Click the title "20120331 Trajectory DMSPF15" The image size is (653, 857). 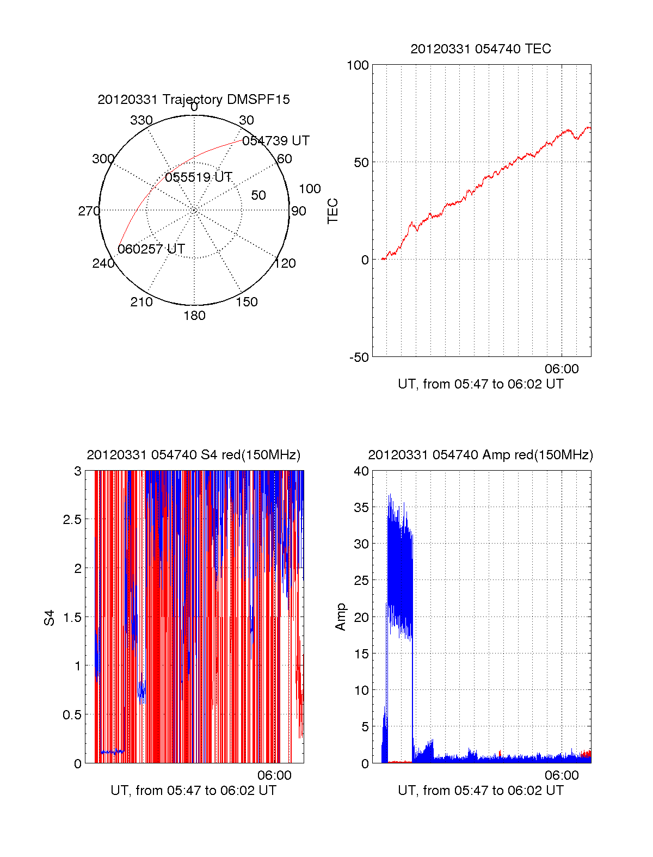tap(194, 100)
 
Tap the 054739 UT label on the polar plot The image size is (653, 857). tap(275, 141)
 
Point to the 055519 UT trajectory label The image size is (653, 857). tap(199, 177)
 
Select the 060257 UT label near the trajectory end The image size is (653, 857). tap(151, 249)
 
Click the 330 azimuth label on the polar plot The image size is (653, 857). tap(141, 120)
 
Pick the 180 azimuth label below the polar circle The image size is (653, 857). tap(194, 316)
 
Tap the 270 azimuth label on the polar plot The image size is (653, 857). tap(89, 211)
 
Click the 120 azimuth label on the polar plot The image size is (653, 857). tap(285, 263)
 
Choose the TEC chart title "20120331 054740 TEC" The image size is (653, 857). tap(480, 49)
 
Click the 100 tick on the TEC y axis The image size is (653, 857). tap(358, 65)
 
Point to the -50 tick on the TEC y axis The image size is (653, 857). tap(359, 357)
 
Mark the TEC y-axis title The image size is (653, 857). tap(333, 211)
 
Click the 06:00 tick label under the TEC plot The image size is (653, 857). tap(562, 369)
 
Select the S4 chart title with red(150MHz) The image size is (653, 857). tap(194, 455)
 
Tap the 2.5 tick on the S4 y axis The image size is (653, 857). tap(72, 520)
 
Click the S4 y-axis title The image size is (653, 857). tap(50, 618)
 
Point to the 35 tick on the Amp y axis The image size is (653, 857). tap(361, 508)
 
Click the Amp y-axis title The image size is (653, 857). tap(341, 617)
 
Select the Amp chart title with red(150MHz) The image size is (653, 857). tap(480, 455)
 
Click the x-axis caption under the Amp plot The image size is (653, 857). tap(480, 791)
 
